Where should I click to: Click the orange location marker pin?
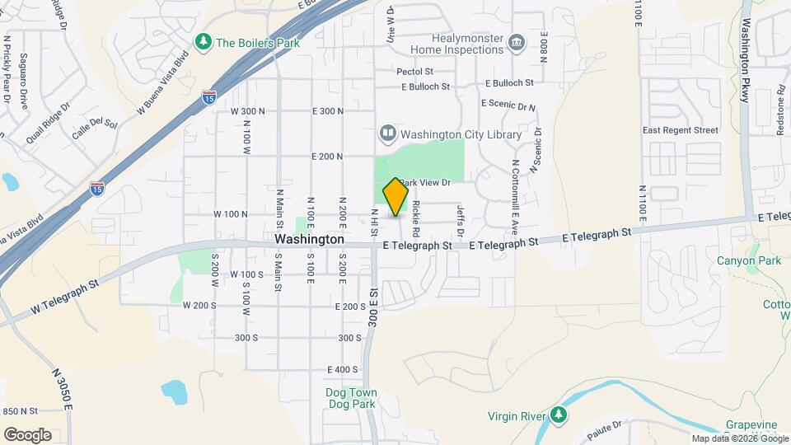point(396,197)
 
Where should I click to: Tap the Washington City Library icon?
point(387,133)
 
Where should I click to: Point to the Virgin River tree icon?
point(559,414)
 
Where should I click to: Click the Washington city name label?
point(309,239)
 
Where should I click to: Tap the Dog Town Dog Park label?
point(350,398)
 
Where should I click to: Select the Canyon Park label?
point(748,261)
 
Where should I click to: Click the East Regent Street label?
point(681,130)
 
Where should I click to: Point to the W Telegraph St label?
point(65,297)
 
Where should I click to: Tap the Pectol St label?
point(414,72)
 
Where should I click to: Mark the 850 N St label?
point(20,410)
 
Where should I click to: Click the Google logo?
point(27,434)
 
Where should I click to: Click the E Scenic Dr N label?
point(508,106)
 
